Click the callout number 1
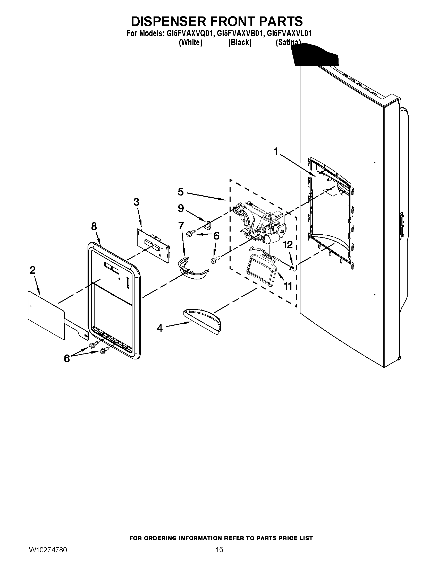coord(276,151)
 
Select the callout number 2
coord(32,270)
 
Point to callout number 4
coord(159,328)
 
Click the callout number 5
coord(181,192)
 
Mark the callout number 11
coord(288,286)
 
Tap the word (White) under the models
coord(190,42)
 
